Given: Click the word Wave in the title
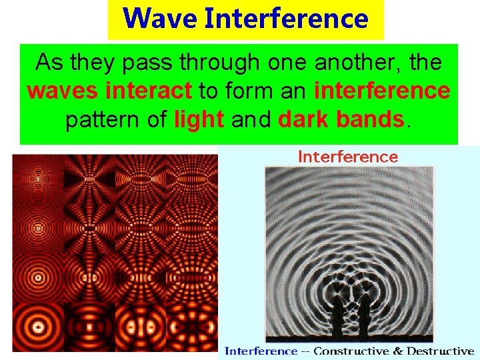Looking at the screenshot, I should coord(160,19).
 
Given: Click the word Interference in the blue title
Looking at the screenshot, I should coord(286,19).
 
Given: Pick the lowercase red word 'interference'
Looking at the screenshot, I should coord(382,91).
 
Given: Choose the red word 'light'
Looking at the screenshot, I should coord(199,119).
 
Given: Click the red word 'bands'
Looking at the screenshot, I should coord(373,119).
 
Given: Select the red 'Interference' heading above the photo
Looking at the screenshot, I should coord(347,157).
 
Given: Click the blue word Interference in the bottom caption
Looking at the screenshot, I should coord(261,351).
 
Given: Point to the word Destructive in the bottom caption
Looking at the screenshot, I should coord(441,351).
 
